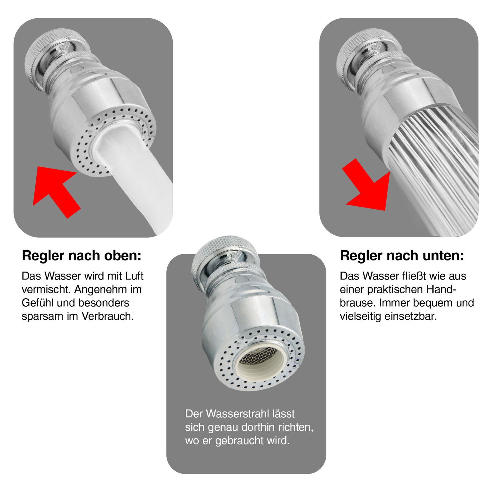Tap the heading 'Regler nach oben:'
(81, 256)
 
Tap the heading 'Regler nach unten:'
(402, 256)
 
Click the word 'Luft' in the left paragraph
(134, 276)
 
